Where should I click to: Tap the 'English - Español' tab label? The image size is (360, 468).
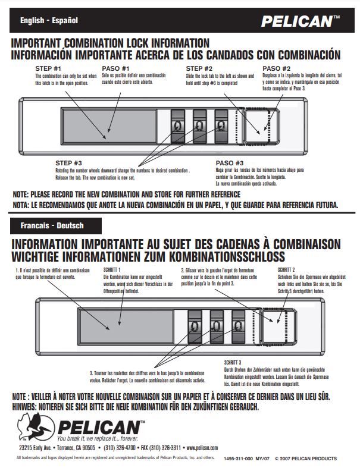tap(49, 21)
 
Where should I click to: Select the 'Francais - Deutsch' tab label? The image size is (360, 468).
tap(52, 226)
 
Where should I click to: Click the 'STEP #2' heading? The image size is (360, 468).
tap(199, 68)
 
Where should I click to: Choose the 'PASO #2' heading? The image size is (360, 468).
tap(277, 68)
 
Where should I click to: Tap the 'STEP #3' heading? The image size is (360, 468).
tap(68, 163)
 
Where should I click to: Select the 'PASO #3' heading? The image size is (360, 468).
tap(230, 163)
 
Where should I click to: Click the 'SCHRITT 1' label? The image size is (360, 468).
tap(112, 269)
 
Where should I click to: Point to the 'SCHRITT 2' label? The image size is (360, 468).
tap(286, 269)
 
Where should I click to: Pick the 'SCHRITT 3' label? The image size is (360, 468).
tap(232, 362)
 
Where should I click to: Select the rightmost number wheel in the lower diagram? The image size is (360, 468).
tap(239, 326)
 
